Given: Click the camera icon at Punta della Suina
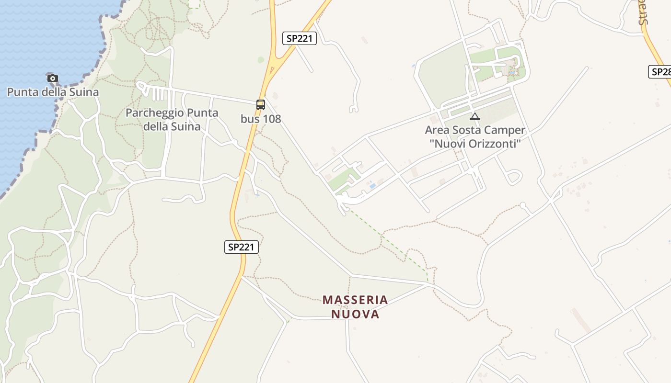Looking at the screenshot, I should (x=53, y=78).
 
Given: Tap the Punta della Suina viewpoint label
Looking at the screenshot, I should (x=53, y=92).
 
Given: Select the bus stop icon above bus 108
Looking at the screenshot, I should (x=261, y=104).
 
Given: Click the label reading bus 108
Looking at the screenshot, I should (x=261, y=119).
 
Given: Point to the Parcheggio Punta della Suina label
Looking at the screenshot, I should (x=172, y=120).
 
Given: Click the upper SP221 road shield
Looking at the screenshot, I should (x=300, y=38).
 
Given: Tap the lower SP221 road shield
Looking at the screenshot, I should (x=242, y=247).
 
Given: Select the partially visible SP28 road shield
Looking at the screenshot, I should (x=660, y=72).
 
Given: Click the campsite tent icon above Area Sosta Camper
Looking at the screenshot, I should (x=475, y=116).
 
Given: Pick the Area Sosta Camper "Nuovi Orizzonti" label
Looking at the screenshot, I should (x=475, y=137).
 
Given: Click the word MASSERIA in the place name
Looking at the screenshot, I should (x=355, y=300).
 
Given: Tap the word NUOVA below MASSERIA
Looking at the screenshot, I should (x=355, y=315).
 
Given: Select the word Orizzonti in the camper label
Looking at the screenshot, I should (x=494, y=144).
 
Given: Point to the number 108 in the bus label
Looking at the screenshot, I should (x=272, y=119).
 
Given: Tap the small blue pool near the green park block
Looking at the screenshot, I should (x=372, y=185).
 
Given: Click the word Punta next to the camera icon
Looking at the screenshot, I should (x=22, y=92).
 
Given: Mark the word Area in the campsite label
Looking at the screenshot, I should (x=437, y=130).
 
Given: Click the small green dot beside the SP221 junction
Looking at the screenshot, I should (x=261, y=60).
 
